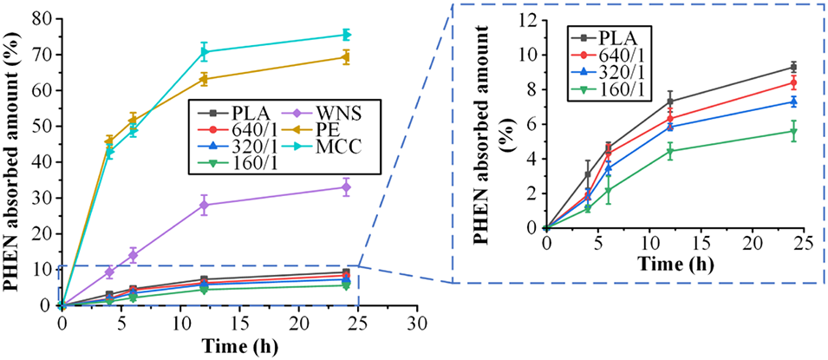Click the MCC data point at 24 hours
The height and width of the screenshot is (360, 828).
click(346, 35)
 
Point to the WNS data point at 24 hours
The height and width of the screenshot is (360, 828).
click(346, 187)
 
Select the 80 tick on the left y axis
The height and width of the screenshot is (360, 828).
click(42, 18)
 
